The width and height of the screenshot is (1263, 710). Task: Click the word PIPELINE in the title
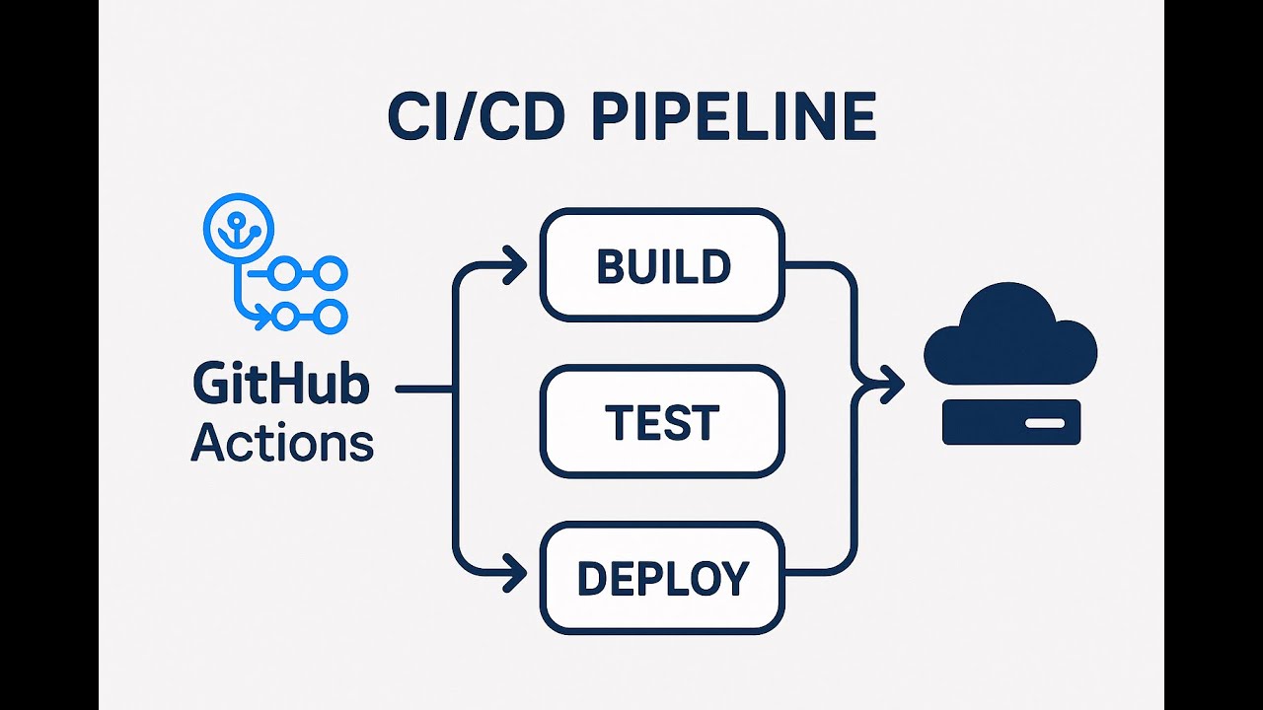[735, 117]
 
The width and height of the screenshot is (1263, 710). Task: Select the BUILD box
[662, 265]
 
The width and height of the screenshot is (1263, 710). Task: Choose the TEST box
[662, 422]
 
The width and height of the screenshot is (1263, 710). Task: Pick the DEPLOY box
[662, 578]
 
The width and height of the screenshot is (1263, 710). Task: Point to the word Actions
[282, 443]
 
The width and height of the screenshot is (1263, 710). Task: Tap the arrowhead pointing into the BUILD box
[516, 265]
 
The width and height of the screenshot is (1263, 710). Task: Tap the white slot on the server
[1044, 422]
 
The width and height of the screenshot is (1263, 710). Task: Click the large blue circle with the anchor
[238, 228]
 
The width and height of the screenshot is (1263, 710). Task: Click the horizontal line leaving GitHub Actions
[424, 390]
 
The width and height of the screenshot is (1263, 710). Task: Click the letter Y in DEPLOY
[734, 579]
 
